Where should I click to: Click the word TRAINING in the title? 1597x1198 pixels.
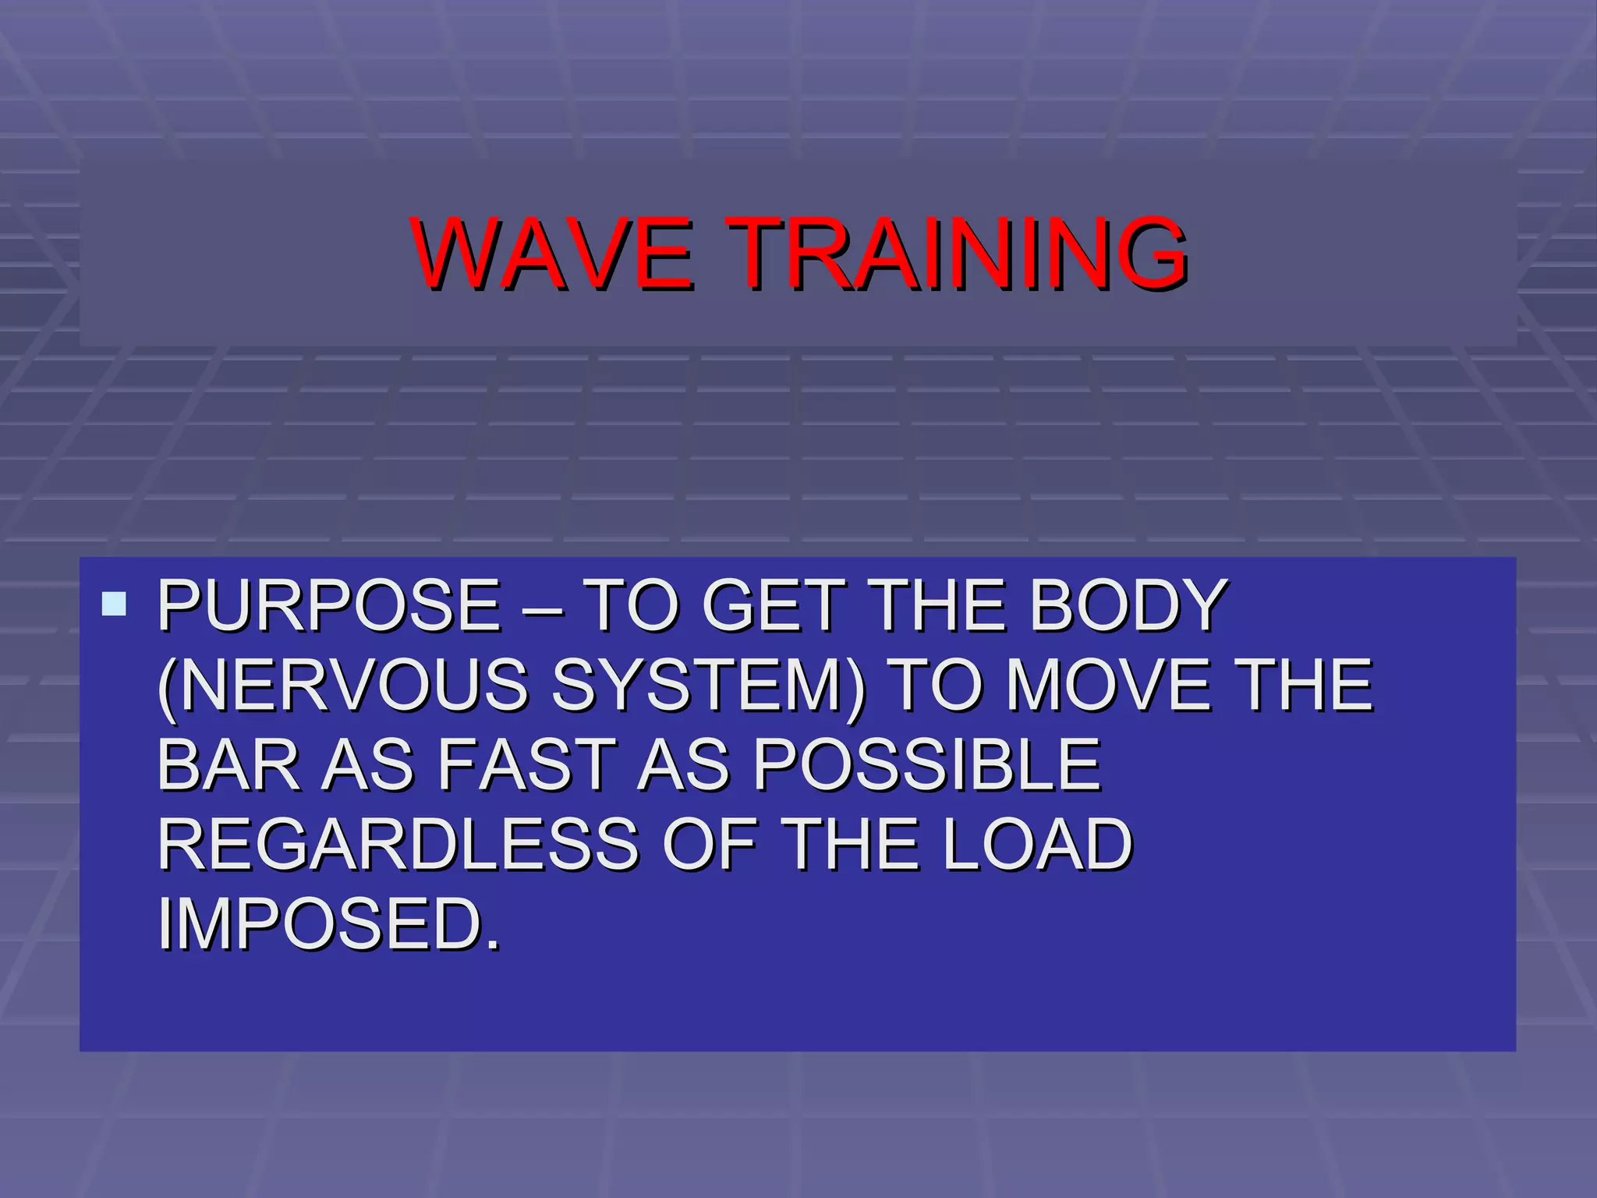point(956,253)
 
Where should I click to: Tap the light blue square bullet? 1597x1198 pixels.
point(114,603)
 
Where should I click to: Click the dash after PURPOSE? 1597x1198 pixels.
point(542,608)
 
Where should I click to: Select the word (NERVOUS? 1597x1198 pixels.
point(343,685)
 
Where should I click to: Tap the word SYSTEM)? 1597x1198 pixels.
point(708,685)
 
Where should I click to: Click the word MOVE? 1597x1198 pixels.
point(1108,685)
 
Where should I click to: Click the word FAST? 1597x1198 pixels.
point(526,764)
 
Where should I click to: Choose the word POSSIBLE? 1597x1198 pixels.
point(926,764)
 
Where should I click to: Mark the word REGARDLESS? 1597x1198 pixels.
point(398,844)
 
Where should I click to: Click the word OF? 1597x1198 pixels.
point(709,844)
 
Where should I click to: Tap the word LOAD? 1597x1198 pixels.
point(1036,844)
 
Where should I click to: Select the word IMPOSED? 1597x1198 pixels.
point(328,924)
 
